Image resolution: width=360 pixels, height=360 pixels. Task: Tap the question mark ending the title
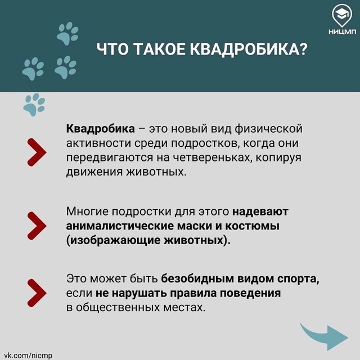303,49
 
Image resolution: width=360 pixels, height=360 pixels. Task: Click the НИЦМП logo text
342,31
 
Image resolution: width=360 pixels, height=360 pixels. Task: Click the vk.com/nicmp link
28,355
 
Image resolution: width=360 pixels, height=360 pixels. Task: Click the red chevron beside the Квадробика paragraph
37,152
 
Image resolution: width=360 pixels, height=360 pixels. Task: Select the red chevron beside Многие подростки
37,226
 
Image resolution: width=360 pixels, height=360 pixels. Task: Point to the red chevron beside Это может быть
37,293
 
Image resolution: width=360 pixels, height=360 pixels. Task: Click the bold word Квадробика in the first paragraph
100,129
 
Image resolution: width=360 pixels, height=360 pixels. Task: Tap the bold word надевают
260,211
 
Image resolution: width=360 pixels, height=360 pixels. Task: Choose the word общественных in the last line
118,308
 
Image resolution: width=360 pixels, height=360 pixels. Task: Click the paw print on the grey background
34,105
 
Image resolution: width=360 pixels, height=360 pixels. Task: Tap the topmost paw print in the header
67,34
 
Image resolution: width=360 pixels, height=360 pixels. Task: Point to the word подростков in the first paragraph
206,143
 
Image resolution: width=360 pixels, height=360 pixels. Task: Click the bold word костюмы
252,226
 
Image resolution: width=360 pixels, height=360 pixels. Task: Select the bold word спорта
298,279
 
